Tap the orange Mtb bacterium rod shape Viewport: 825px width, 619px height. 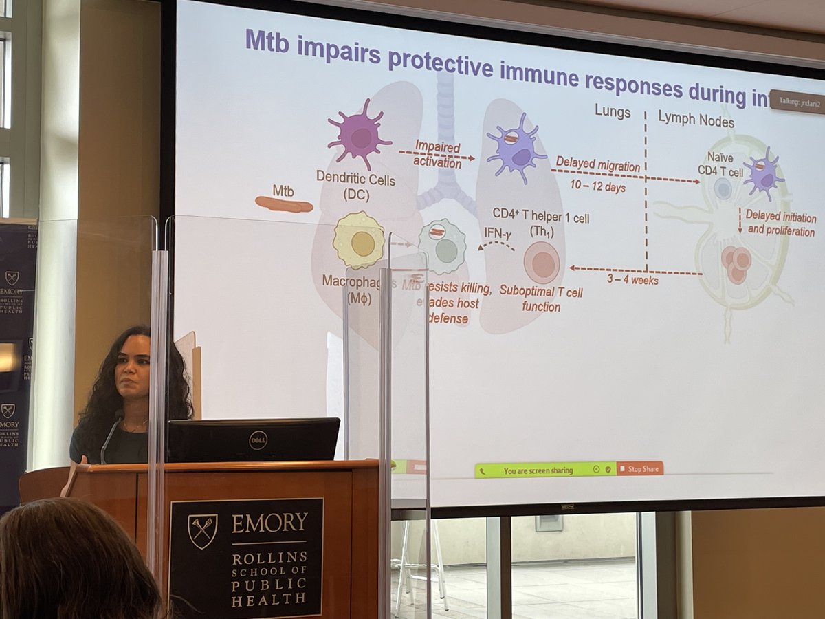pos(283,204)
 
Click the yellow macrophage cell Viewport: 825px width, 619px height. pos(359,241)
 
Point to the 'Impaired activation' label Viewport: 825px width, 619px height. pos(437,154)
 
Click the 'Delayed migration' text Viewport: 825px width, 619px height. pos(597,166)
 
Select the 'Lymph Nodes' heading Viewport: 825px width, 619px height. pos(696,122)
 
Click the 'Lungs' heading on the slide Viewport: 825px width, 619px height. pos(613,112)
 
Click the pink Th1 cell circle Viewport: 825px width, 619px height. pos(542,263)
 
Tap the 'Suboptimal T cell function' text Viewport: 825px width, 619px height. pos(541,299)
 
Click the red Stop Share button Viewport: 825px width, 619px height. pos(640,469)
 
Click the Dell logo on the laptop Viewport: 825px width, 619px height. pos(258,440)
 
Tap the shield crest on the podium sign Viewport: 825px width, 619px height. pos(202,530)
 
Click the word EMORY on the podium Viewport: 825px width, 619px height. pos(269,523)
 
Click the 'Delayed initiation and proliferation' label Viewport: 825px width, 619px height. pos(781,224)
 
